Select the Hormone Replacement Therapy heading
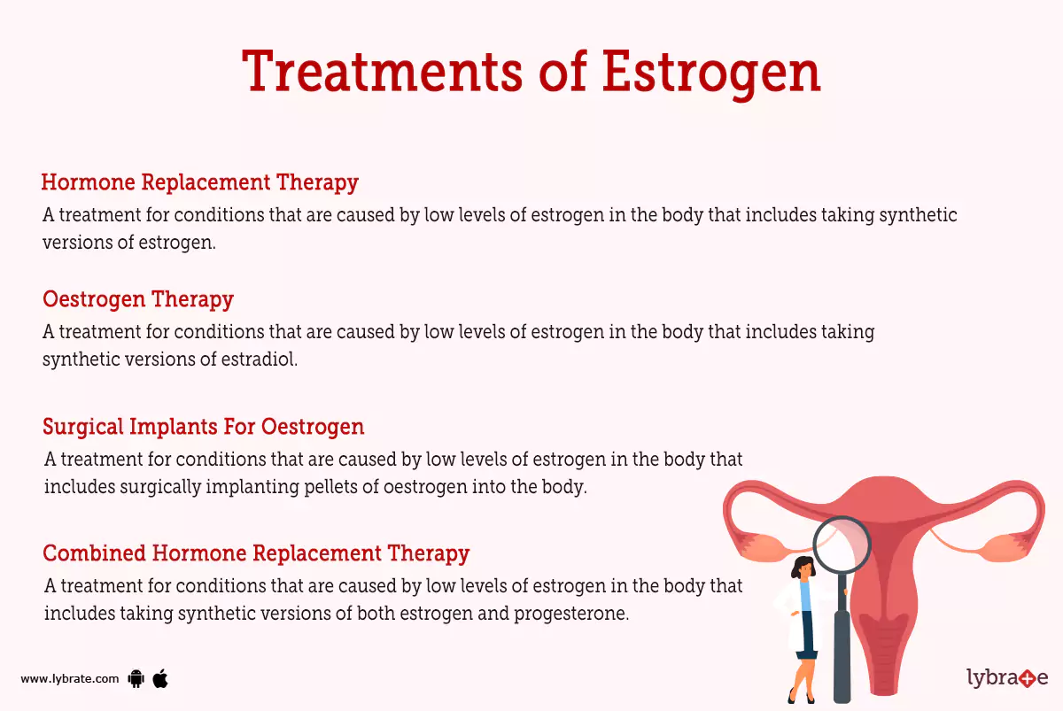pyautogui.click(x=199, y=182)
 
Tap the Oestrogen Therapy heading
pyautogui.click(x=138, y=299)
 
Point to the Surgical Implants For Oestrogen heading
pyautogui.click(x=204, y=427)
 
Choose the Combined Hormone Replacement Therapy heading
pyautogui.click(x=256, y=553)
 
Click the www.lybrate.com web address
pyautogui.click(x=69, y=679)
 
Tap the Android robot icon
pyautogui.click(x=136, y=679)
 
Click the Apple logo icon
pyautogui.click(x=160, y=678)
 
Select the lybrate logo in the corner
pyautogui.click(x=1007, y=679)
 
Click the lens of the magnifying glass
pyautogui.click(x=841, y=547)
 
